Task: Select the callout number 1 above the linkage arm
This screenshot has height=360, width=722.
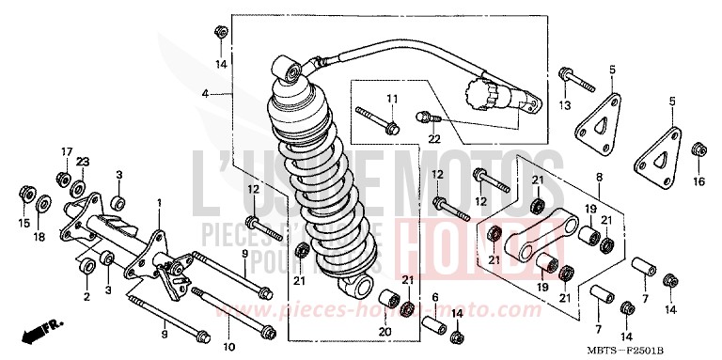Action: click(x=159, y=203)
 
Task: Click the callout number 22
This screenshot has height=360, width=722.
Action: click(x=434, y=138)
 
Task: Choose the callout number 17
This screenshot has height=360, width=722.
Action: click(x=66, y=151)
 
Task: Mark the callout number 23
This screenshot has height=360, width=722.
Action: click(x=82, y=162)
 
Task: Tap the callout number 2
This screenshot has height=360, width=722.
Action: click(x=86, y=296)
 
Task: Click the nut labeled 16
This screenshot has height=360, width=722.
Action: click(x=698, y=150)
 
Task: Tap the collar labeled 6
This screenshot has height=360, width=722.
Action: click(x=435, y=324)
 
